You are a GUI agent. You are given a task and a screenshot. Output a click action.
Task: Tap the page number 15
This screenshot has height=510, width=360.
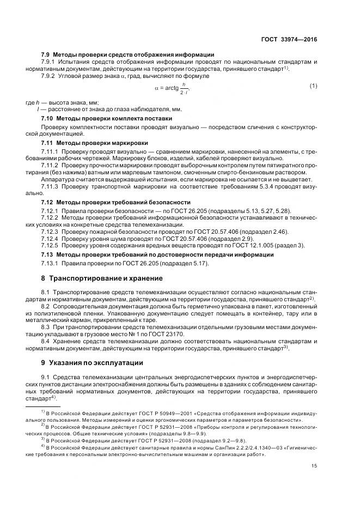[314, 465]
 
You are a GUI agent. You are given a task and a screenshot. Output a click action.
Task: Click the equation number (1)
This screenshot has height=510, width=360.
[313, 87]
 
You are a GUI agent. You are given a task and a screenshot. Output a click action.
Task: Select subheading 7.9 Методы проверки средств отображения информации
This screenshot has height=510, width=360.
[127, 54]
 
